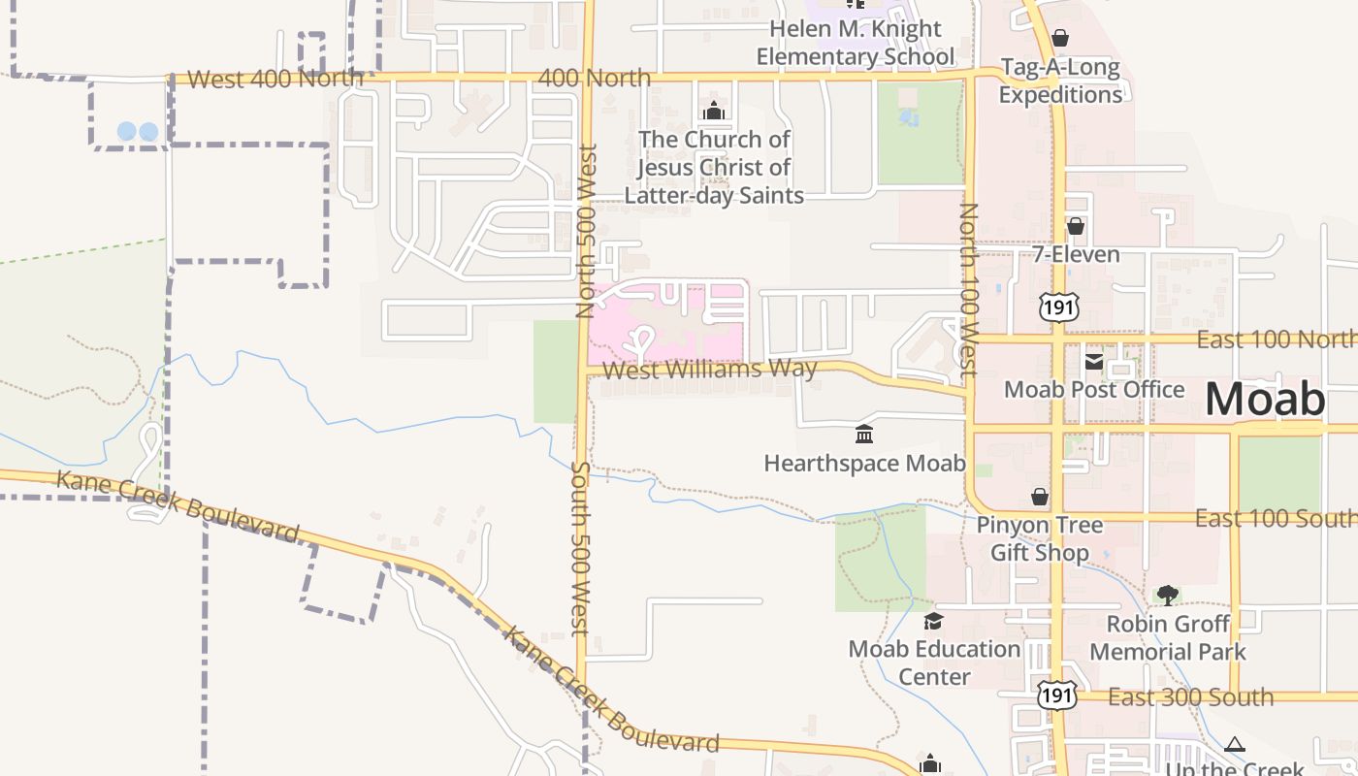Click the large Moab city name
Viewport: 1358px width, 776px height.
click(1265, 400)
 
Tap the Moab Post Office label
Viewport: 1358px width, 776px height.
click(1093, 390)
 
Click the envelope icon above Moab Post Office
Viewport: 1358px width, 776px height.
click(1093, 362)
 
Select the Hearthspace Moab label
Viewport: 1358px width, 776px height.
click(864, 463)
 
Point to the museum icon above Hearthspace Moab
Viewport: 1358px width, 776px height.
click(864, 434)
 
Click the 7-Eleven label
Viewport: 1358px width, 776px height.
click(1076, 255)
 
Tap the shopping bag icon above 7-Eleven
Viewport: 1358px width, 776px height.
click(1075, 226)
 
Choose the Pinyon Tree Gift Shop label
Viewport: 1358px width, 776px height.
click(1040, 538)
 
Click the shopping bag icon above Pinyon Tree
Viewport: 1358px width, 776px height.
click(1040, 498)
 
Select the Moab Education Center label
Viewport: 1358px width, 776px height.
click(934, 662)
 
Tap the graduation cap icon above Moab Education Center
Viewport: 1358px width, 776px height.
click(933, 621)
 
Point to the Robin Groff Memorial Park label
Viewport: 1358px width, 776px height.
click(1168, 636)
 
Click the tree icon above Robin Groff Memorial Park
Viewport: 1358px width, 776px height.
click(1168, 595)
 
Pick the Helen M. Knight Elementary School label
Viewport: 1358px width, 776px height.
click(855, 43)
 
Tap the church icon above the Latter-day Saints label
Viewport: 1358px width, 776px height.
click(714, 111)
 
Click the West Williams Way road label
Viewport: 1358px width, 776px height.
click(709, 370)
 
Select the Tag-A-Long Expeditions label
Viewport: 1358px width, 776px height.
click(1060, 81)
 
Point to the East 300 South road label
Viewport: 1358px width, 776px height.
click(1190, 696)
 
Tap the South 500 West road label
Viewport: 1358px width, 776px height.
click(580, 548)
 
